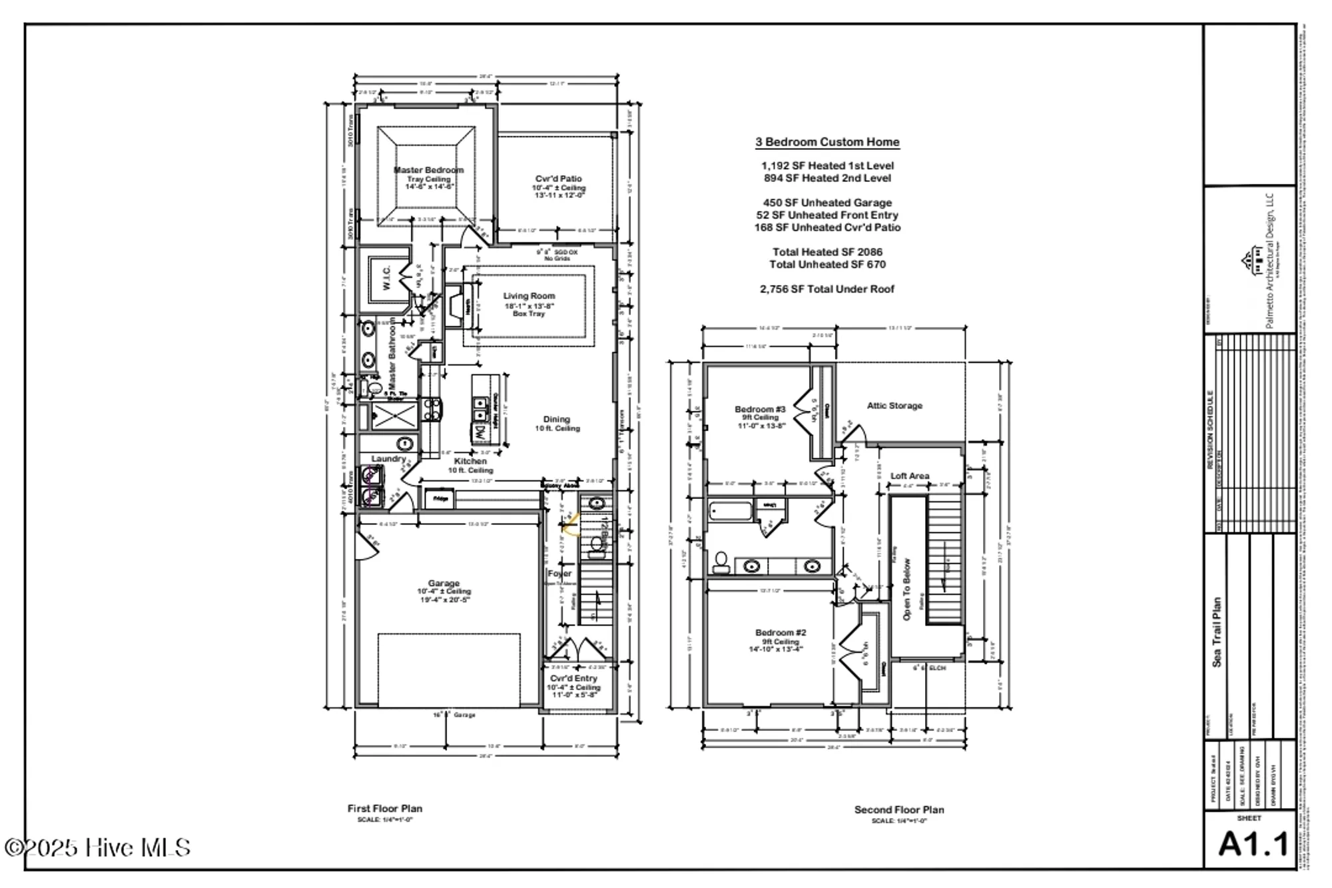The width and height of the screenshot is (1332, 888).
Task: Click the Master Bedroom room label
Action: (428, 170)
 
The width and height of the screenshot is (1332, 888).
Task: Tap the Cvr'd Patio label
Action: (558, 179)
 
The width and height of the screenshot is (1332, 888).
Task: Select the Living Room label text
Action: (529, 296)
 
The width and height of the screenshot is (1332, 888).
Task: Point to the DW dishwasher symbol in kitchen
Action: (479, 432)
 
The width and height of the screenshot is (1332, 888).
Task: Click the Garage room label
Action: (444, 583)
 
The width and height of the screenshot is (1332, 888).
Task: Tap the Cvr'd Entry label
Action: (573, 678)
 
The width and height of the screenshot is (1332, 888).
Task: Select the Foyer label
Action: (559, 574)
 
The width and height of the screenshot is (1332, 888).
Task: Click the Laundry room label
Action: (388, 459)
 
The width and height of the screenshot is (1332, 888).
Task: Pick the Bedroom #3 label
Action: (760, 409)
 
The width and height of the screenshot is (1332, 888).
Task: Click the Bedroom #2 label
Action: (781, 632)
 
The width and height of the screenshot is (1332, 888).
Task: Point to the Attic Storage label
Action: (894, 405)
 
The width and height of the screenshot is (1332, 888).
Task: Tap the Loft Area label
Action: (910, 476)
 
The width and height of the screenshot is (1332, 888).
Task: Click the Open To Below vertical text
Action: (906, 589)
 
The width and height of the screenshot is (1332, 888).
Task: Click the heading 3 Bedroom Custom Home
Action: (827, 142)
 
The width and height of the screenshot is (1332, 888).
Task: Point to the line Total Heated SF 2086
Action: (827, 252)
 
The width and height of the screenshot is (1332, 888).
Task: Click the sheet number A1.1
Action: (1253, 845)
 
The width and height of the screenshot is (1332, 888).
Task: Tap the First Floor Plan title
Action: (384, 808)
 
